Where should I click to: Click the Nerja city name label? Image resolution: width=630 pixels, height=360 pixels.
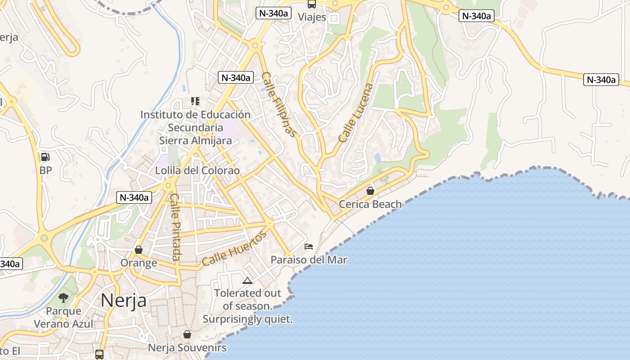pos(123,300)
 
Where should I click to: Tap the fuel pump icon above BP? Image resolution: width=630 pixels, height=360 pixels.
pos(45,157)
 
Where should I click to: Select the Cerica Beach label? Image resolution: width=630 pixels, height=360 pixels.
pos(370,204)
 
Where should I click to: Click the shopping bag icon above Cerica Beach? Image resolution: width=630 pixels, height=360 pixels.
pos(370,191)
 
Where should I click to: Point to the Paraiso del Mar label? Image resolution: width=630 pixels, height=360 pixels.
pos(309,260)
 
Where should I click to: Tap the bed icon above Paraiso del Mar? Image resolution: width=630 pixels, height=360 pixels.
pos(309,247)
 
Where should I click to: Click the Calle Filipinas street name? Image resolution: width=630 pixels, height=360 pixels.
pos(279,104)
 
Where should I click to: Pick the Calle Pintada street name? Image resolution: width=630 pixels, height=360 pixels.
pos(175,227)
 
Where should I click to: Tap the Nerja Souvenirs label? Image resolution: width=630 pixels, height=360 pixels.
pos(187,348)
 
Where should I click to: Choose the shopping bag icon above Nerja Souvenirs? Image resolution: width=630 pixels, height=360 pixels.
pos(187,334)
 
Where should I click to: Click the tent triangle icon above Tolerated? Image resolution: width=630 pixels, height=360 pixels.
pos(247,281)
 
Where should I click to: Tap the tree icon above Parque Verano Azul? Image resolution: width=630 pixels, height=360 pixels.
pos(63,297)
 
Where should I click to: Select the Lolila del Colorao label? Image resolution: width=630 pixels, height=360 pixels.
pos(198,171)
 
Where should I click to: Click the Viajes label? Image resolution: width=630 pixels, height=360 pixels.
pos(312,17)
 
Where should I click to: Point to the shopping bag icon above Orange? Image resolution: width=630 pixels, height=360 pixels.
pos(139,250)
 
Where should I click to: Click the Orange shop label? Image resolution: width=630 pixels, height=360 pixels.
pos(139,263)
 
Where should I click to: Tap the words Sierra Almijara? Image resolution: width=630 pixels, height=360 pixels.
pos(196,140)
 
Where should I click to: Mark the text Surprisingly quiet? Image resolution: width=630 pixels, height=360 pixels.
pos(247,319)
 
